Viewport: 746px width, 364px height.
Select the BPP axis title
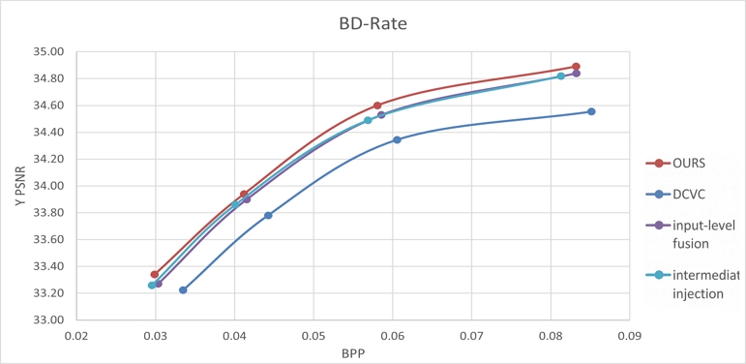pyautogui.click(x=352, y=354)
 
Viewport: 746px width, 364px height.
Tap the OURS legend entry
pyautogui.click(x=689, y=164)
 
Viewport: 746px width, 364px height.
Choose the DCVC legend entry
pyautogui.click(x=690, y=195)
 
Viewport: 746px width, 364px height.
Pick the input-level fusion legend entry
pyautogui.click(x=701, y=234)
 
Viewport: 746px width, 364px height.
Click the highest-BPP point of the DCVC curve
pyautogui.click(x=591, y=111)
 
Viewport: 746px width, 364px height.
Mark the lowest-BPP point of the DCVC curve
pyautogui.click(x=183, y=289)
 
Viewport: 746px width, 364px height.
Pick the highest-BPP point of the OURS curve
pyautogui.click(x=576, y=67)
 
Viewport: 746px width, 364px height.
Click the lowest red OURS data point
pyautogui.click(x=155, y=274)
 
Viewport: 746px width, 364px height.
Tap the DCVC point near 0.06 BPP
pyautogui.click(x=397, y=139)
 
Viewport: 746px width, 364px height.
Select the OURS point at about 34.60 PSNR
pyautogui.click(x=377, y=106)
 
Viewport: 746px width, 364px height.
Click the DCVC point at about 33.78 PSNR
pyautogui.click(x=268, y=215)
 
